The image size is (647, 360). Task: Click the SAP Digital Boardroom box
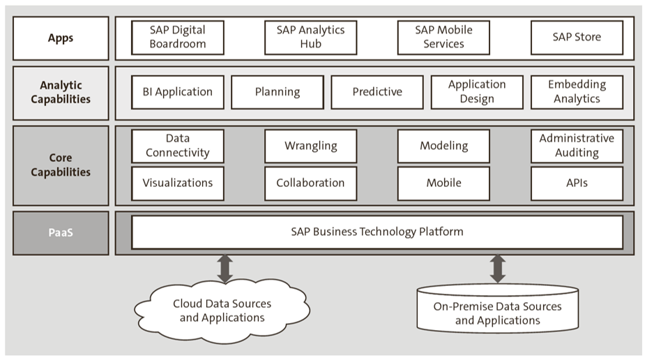[178, 37]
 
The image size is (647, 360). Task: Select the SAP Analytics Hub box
[310, 37]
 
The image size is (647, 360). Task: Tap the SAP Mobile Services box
[443, 37]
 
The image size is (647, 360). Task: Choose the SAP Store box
[577, 37]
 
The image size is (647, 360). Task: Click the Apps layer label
[61, 38]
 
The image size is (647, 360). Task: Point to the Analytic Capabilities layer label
[61, 93]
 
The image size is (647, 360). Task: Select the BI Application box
[178, 92]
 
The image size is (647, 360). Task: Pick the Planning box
[277, 92]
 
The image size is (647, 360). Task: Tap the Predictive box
[377, 92]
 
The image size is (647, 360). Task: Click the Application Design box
[477, 92]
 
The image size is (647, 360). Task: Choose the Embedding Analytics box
[577, 92]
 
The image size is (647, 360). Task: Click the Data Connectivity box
[178, 146]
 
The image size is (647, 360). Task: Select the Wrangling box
[310, 146]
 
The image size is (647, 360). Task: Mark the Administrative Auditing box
[577, 146]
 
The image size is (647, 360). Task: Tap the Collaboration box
[310, 183]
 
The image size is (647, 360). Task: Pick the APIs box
[577, 183]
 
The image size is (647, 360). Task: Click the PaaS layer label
[61, 233]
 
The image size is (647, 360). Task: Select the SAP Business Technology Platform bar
[377, 232]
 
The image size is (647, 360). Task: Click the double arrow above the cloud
[225, 269]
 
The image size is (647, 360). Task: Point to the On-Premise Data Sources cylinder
[498, 310]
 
